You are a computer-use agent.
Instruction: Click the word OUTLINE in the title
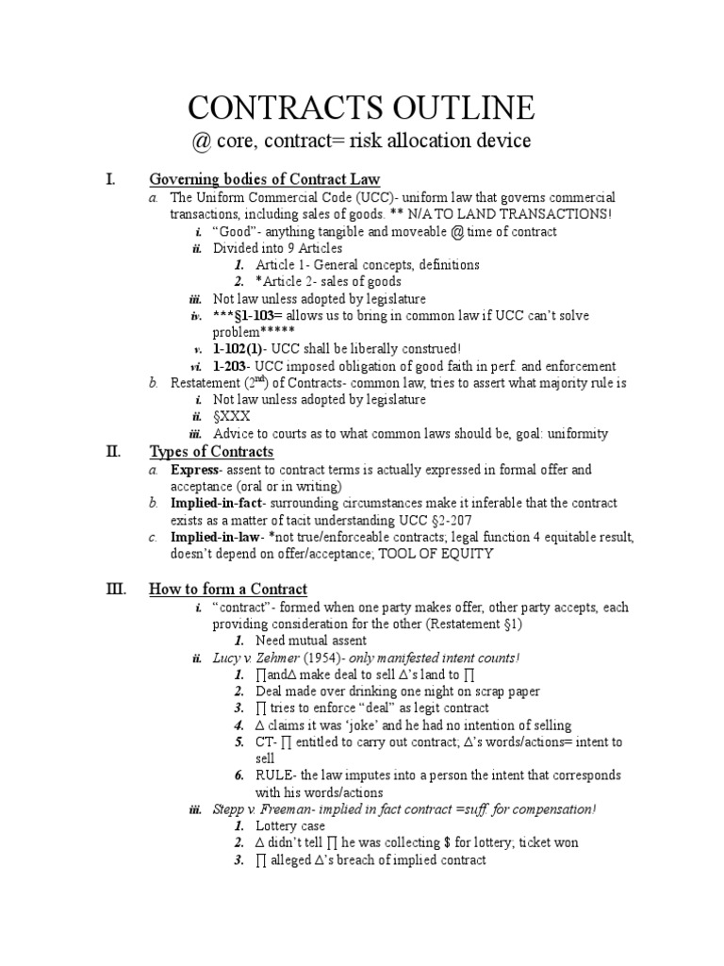tap(452, 108)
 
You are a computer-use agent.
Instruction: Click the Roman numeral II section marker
tap(112, 451)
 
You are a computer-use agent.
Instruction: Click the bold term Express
tap(194, 469)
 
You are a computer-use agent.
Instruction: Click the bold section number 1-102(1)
tap(239, 349)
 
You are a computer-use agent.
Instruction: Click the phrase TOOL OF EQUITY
tap(437, 555)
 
